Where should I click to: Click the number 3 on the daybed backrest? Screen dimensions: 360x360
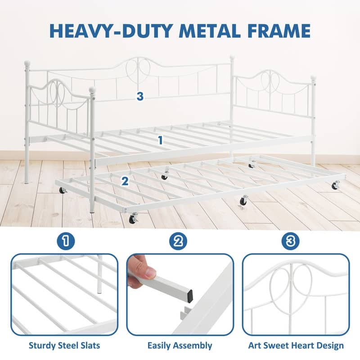[x=140, y=96]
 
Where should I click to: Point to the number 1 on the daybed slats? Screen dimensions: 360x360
[x=160, y=140]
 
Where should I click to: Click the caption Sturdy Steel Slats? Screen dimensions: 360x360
[x=64, y=346]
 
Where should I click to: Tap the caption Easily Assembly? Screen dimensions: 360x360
[x=180, y=346]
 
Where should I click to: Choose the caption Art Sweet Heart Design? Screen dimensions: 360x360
[x=296, y=346]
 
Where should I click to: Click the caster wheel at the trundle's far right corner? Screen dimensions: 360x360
[x=335, y=184]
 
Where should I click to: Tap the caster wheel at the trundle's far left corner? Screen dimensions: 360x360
[x=63, y=190]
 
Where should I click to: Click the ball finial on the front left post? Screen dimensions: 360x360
[x=92, y=90]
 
